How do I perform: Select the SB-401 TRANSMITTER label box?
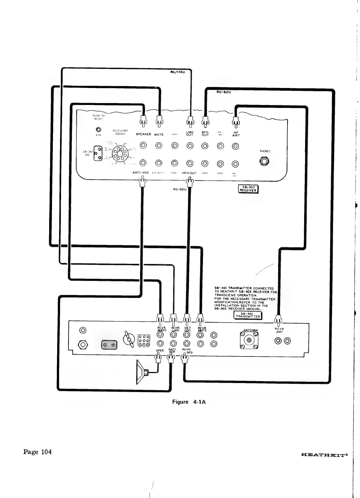click(x=249, y=315)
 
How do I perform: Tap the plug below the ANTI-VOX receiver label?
click(x=142, y=184)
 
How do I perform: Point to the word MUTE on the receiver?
click(x=159, y=135)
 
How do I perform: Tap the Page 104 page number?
click(x=37, y=452)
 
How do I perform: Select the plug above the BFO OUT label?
click(x=205, y=121)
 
